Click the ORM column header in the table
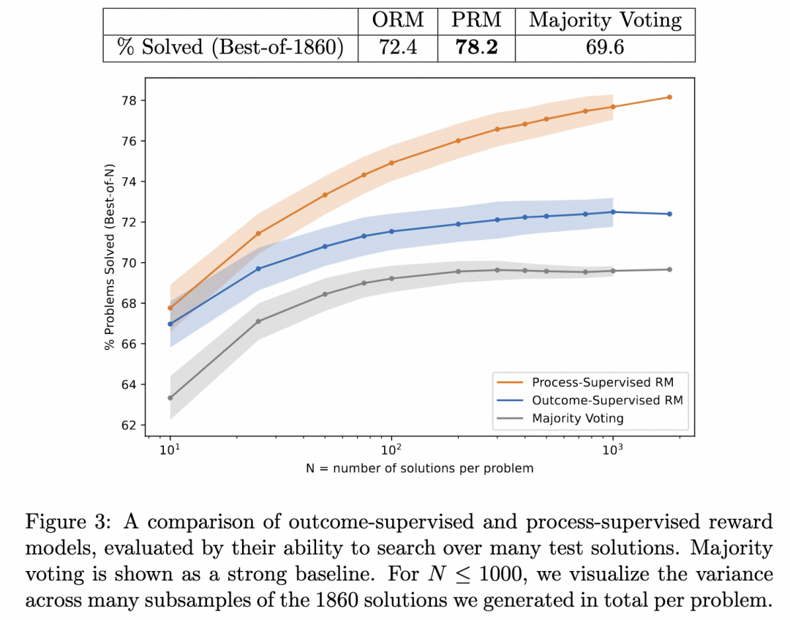pyautogui.click(x=398, y=20)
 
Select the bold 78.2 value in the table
pyautogui.click(x=477, y=48)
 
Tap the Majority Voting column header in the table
pyautogui.click(x=605, y=20)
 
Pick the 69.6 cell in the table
pyautogui.click(x=605, y=48)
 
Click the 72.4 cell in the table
pyautogui.click(x=398, y=48)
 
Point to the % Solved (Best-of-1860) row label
pyautogui.click(x=229, y=48)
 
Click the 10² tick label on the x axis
pyautogui.click(x=392, y=448)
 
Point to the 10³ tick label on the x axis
pyautogui.click(x=613, y=448)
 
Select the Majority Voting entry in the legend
pyautogui.click(x=578, y=419)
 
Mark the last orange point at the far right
pyautogui.click(x=669, y=97)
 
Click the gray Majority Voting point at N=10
pyautogui.click(x=170, y=397)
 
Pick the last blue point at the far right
pyautogui.click(x=669, y=214)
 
